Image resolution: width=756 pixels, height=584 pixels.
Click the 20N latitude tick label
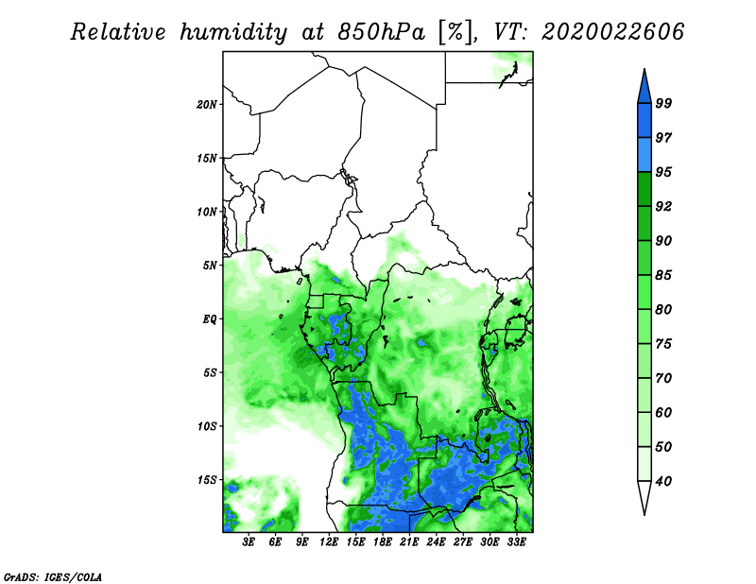click(x=208, y=104)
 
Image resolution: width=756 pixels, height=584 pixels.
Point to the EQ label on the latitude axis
click(x=211, y=318)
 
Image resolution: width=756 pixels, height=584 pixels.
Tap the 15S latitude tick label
click(x=208, y=479)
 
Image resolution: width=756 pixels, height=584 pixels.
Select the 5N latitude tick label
click(x=211, y=265)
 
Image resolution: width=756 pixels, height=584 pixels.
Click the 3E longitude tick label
click(x=249, y=541)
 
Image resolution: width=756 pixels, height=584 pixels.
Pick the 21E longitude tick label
click(x=409, y=541)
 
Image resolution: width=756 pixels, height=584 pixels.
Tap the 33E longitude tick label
click(x=516, y=541)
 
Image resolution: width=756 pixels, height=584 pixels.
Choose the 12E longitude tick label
click(x=330, y=541)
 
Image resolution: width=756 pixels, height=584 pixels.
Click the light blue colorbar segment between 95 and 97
click(x=644, y=155)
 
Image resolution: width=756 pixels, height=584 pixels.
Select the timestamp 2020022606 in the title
click(x=612, y=33)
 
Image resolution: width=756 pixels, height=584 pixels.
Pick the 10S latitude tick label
click(x=208, y=425)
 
